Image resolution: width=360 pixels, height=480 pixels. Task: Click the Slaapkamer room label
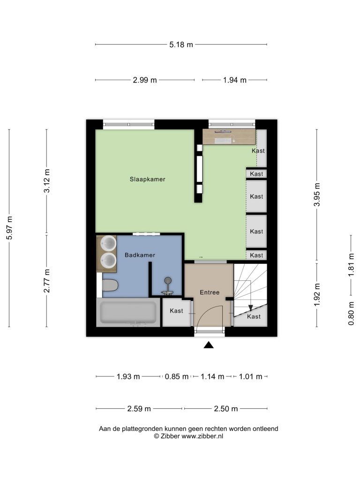pos(147,180)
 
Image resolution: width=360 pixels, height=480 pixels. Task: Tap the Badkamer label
pos(140,255)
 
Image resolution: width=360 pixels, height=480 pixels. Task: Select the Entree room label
pos(210,292)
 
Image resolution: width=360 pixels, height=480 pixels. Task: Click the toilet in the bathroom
pos(110,285)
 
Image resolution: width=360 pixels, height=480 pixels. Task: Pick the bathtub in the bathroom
pos(128,312)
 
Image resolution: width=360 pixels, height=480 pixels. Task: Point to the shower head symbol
pos(168,280)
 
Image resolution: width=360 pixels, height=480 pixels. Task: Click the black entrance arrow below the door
pos(209,345)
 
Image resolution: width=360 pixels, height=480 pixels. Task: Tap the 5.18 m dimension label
pos(181,45)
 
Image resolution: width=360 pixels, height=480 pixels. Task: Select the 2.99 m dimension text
pos(144,80)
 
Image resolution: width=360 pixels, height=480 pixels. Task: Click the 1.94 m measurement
pos(234,80)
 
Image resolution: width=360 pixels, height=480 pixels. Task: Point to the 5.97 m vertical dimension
pos(9,228)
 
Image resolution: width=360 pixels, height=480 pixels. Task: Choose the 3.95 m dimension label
pos(317,195)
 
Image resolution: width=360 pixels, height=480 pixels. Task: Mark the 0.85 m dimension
pos(177,376)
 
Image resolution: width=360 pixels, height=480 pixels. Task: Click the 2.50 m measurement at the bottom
pos(226,409)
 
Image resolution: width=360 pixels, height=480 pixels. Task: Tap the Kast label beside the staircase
pos(254,316)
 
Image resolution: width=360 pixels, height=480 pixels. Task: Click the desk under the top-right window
pos(229,136)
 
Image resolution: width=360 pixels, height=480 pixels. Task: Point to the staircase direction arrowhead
pos(250,308)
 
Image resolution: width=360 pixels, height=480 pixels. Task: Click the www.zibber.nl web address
pos(202,436)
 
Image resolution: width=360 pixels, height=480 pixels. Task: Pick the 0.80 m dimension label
pos(351,313)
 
